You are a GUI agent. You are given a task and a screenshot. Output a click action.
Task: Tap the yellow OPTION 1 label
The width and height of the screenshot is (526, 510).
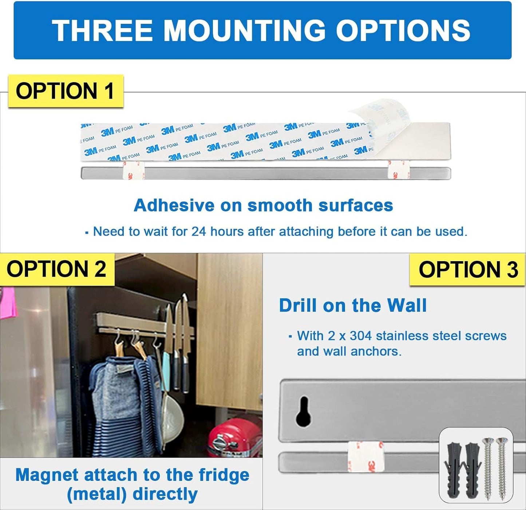pyautogui.click(x=65, y=91)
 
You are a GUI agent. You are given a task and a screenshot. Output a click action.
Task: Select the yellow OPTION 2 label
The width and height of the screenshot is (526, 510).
pyautogui.click(x=56, y=269)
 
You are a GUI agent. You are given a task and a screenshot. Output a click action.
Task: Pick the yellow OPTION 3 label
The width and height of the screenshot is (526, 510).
pyautogui.click(x=468, y=270)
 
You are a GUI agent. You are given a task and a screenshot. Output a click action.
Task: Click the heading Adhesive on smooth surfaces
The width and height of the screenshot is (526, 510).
pyautogui.click(x=263, y=205)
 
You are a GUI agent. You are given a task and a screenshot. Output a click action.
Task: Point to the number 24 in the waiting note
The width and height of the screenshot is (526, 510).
pyautogui.click(x=199, y=232)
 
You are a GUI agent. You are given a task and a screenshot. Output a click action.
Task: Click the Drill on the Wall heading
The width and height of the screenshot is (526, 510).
pyautogui.click(x=352, y=305)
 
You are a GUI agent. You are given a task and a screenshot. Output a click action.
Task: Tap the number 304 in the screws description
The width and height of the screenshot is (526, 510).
pyautogui.click(x=361, y=336)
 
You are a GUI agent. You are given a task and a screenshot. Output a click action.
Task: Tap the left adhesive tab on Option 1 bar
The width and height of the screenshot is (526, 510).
pyautogui.click(x=133, y=170)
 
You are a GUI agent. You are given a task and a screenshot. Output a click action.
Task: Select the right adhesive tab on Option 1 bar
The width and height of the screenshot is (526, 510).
pyautogui.click(x=399, y=170)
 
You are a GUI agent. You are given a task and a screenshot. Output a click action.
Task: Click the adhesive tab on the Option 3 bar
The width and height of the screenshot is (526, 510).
pyautogui.click(x=365, y=457)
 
